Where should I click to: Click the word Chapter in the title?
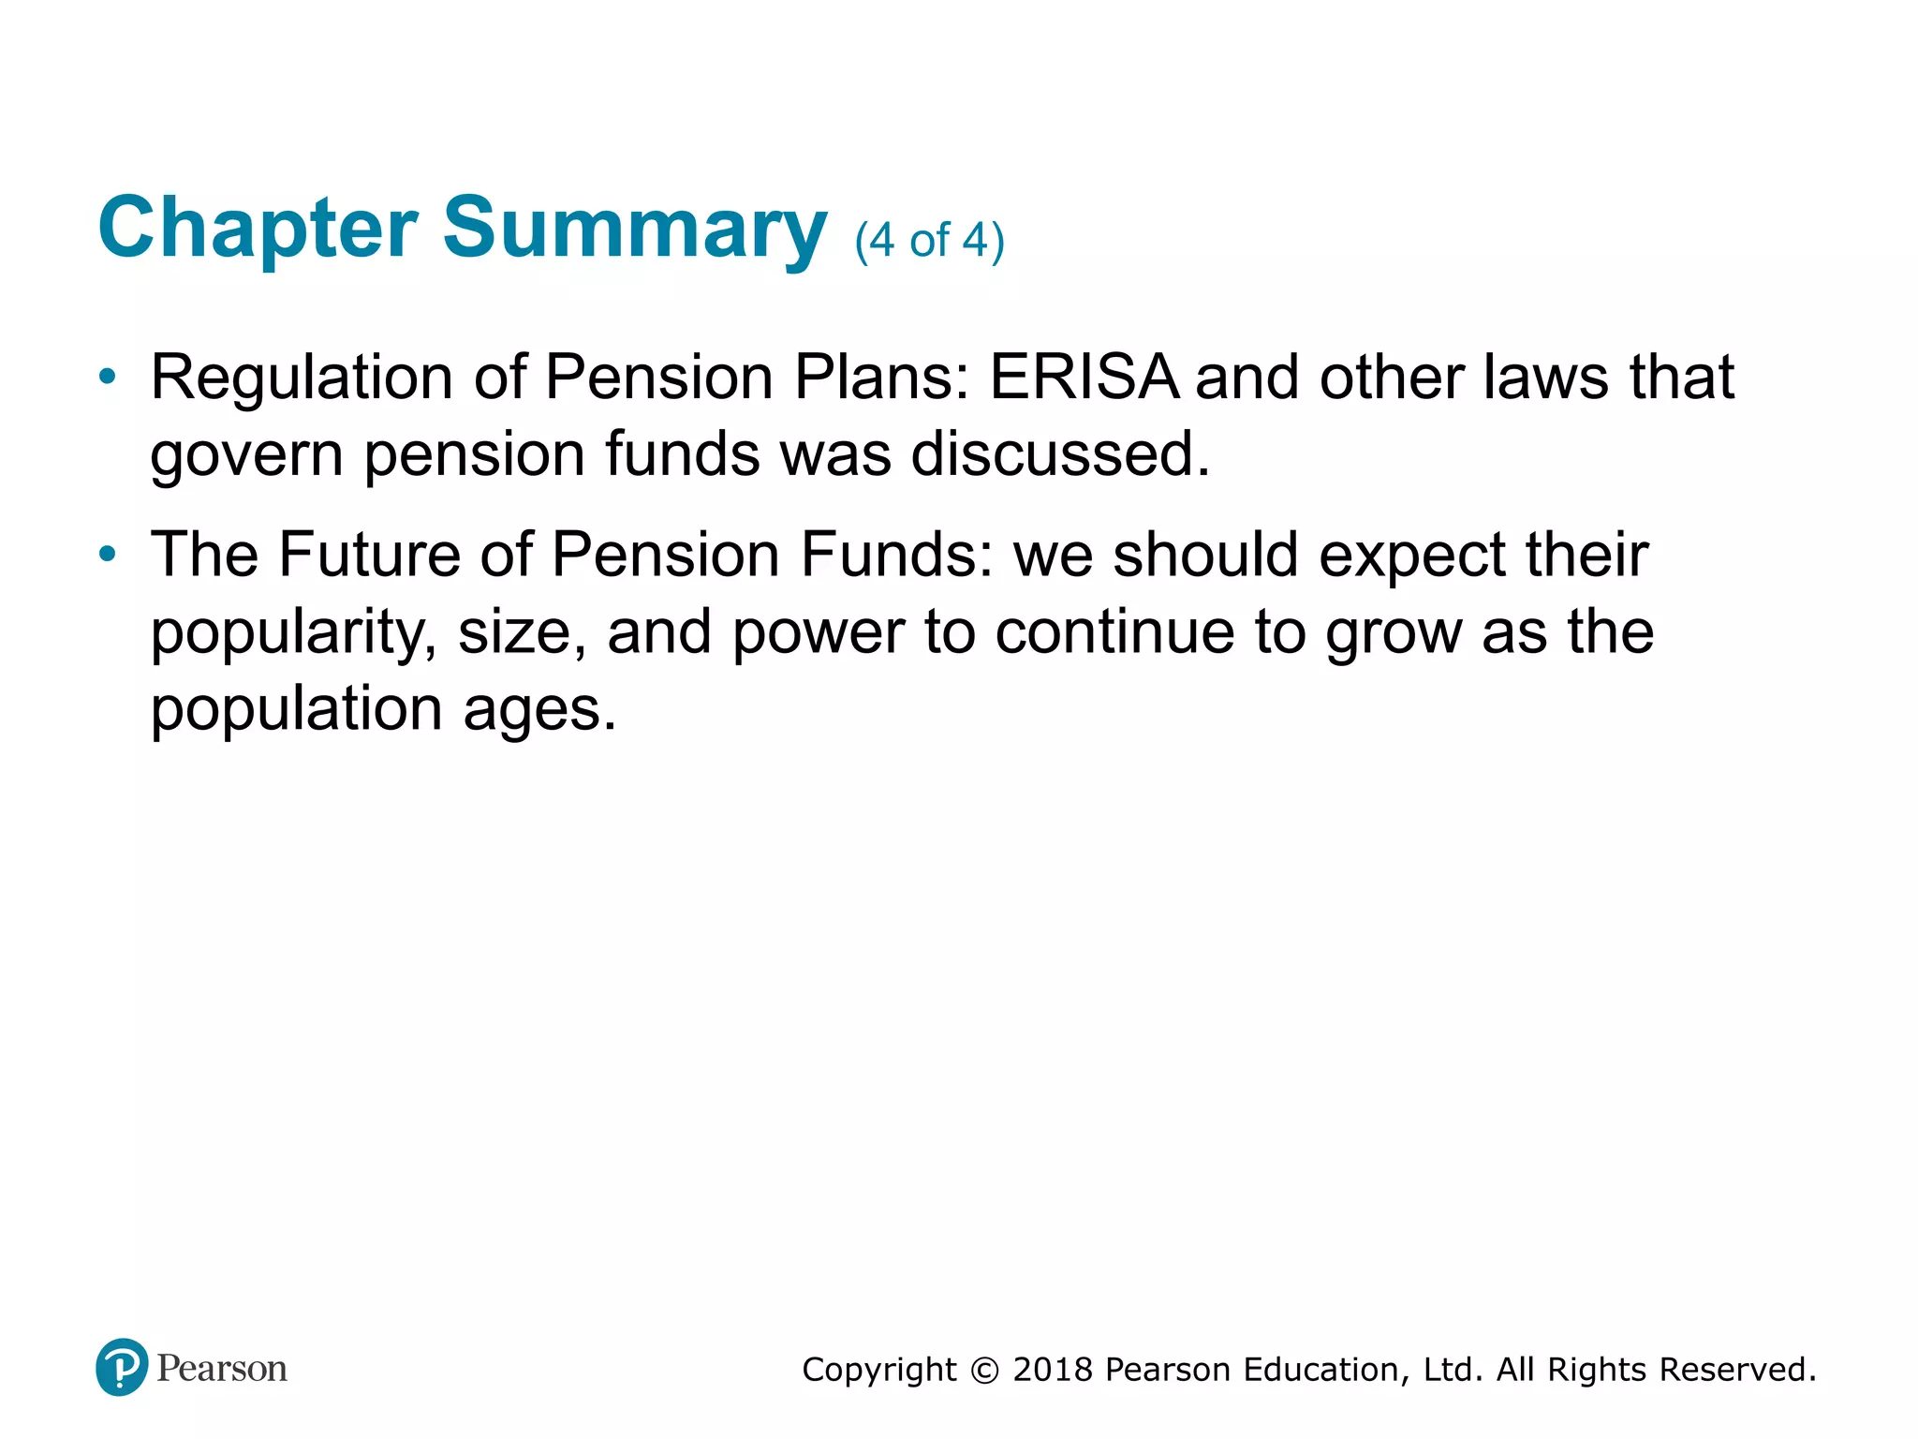pyautogui.click(x=258, y=228)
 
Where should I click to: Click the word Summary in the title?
pyautogui.click(x=635, y=228)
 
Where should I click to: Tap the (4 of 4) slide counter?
pyautogui.click(x=929, y=240)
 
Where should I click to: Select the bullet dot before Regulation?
pyautogui.click(x=108, y=378)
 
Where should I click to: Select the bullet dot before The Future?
pyautogui.click(x=108, y=554)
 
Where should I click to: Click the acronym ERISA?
pyautogui.click(x=1084, y=378)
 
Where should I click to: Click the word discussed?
pyautogui.click(x=1060, y=453)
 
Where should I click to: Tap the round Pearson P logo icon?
pyautogui.click(x=122, y=1367)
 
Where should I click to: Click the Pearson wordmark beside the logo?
pyautogui.click(x=222, y=1369)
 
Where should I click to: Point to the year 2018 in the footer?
pyautogui.click(x=1053, y=1370)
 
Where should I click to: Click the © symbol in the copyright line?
pyautogui.click(x=984, y=1371)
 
